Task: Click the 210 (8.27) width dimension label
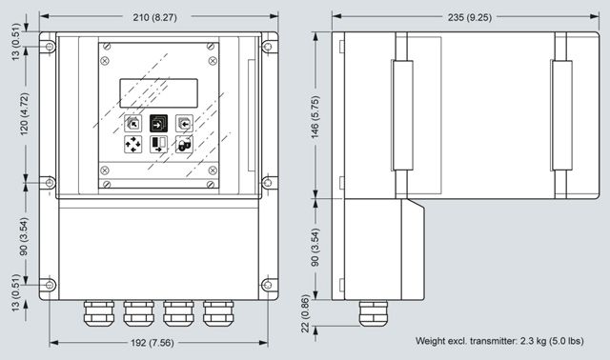154,17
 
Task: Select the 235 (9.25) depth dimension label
470,17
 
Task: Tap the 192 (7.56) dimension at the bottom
152,343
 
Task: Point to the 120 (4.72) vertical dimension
24,114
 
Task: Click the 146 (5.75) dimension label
315,117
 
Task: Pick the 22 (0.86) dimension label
305,313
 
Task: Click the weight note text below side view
499,341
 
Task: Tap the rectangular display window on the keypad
159,93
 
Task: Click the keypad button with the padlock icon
184,145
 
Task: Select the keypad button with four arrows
132,145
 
